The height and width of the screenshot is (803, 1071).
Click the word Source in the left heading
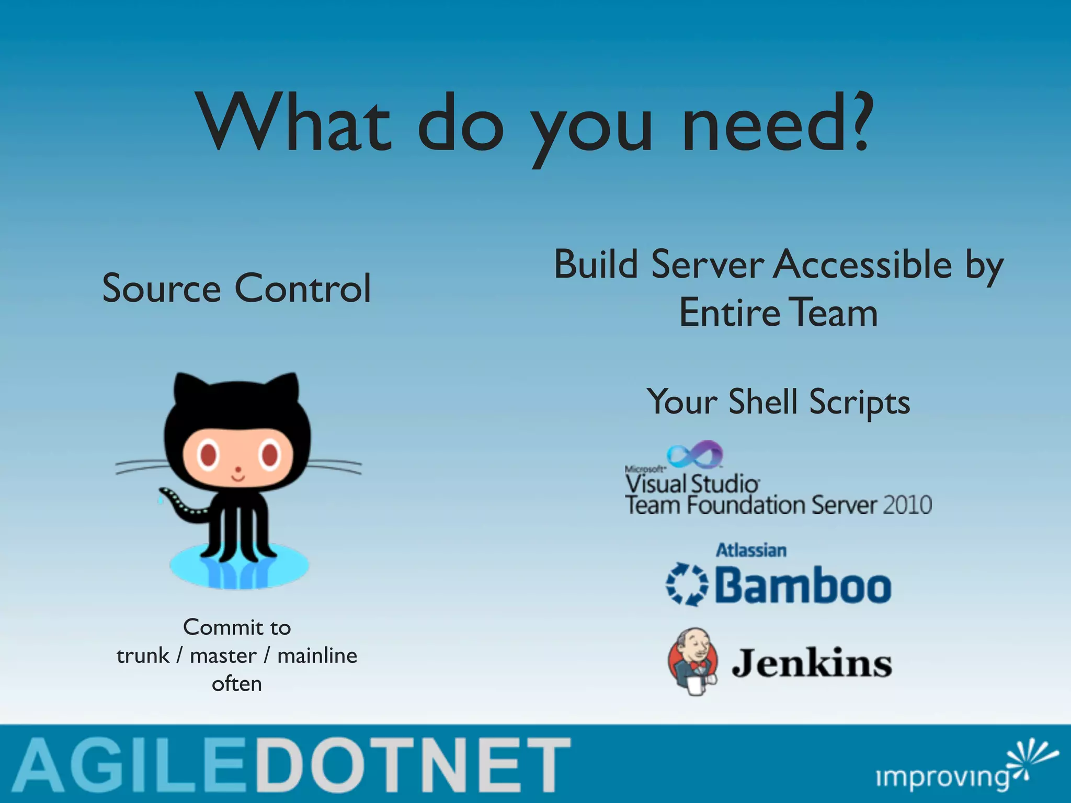162,289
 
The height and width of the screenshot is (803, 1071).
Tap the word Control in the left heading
303,289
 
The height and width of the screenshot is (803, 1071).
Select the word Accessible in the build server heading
862,265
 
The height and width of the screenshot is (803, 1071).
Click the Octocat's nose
238,469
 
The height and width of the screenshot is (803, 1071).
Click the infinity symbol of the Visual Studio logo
695,454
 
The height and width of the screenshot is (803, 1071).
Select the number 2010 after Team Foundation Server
907,506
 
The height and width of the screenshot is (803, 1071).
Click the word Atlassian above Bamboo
751,550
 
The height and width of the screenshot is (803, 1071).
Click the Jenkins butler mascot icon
693,662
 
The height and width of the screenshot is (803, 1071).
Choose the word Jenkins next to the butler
812,663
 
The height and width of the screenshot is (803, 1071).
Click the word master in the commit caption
223,656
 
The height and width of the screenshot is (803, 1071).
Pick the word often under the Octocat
237,684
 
